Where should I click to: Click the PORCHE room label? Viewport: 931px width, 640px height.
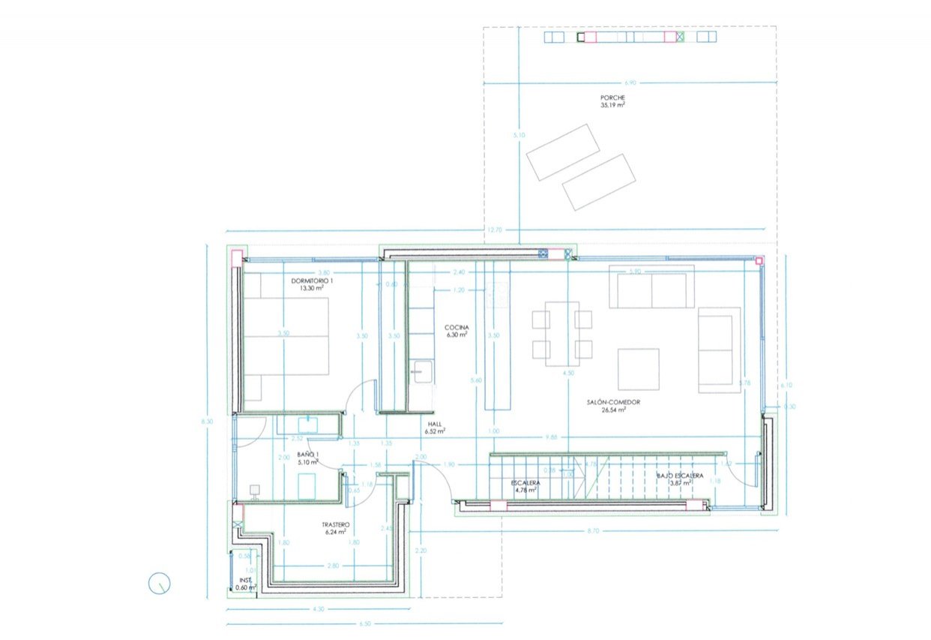click(x=612, y=98)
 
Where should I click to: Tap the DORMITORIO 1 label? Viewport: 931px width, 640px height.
click(x=312, y=281)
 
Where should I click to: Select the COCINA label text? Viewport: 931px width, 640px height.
click(x=457, y=328)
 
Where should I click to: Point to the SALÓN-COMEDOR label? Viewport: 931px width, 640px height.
click(x=612, y=402)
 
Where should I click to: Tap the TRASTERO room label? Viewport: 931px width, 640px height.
click(x=335, y=524)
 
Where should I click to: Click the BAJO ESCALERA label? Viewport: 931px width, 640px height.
click(x=679, y=476)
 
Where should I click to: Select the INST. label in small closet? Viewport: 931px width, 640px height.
click(x=244, y=580)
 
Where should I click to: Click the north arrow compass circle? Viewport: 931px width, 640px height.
click(x=160, y=583)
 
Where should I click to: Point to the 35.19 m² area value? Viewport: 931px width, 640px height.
click(x=612, y=106)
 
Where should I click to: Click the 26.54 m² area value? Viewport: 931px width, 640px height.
click(x=612, y=410)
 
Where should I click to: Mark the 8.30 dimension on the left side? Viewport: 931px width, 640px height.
click(x=206, y=422)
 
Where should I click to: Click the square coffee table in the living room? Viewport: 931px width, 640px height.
click(x=638, y=369)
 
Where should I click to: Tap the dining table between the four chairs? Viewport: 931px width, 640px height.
click(x=562, y=333)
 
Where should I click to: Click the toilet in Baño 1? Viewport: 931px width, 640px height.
click(x=254, y=491)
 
